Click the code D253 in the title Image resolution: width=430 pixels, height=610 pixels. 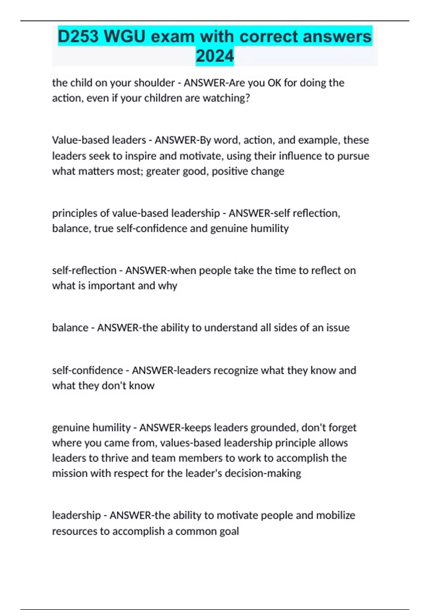pos(78,37)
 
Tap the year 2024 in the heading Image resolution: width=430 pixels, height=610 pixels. pos(215,56)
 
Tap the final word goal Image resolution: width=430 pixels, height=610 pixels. pos(229,531)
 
